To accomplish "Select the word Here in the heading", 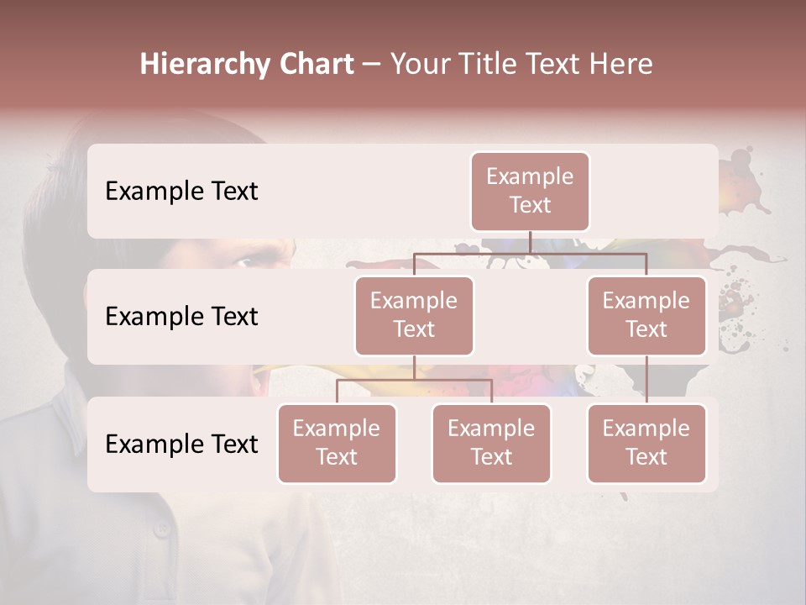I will coord(620,65).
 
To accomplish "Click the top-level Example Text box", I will coord(530,191).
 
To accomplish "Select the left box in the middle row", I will coord(414,315).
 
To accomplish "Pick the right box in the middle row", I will coord(646,315).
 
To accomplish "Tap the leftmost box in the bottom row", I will coord(337,443).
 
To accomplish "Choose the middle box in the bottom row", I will coord(491,443).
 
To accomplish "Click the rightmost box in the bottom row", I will coord(646,443).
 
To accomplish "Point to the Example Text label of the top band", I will coord(181,192).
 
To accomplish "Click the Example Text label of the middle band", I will coord(181,317).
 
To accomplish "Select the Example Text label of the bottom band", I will coord(181,445).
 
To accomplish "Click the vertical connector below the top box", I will coord(530,242).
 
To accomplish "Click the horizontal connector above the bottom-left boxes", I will coord(414,380).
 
